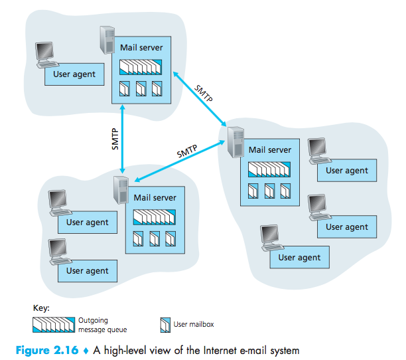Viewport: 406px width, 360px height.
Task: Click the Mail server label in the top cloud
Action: point(141,48)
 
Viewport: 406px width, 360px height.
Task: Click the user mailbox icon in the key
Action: point(165,324)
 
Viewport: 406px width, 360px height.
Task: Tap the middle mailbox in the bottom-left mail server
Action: point(155,238)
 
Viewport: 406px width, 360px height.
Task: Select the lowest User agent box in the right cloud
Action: point(299,257)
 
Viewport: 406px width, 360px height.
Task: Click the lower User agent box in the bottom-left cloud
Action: point(87,270)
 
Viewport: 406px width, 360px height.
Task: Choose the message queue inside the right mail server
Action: point(269,169)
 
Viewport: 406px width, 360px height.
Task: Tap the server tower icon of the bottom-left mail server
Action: point(121,190)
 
